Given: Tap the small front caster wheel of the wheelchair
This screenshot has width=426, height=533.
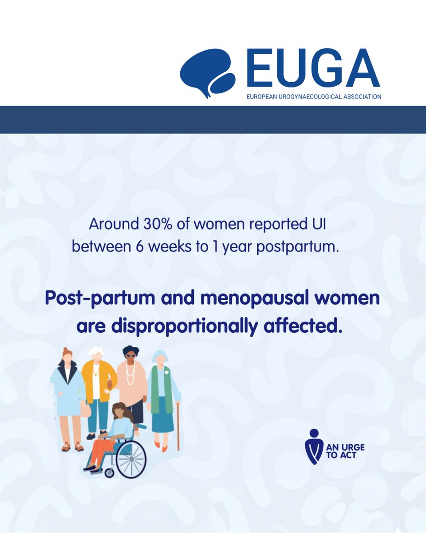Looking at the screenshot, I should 109,473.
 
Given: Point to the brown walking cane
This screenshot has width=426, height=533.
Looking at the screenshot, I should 178,426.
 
